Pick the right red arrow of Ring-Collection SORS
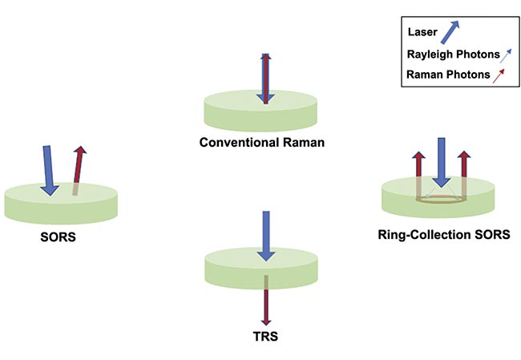(463, 172)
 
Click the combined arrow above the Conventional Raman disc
(265, 78)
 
